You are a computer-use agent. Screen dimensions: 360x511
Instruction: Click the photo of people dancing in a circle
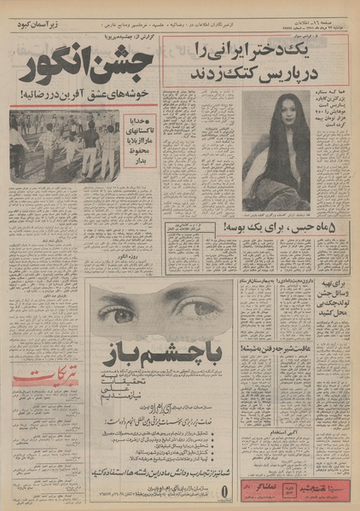pyautogui.click(x=64, y=146)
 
